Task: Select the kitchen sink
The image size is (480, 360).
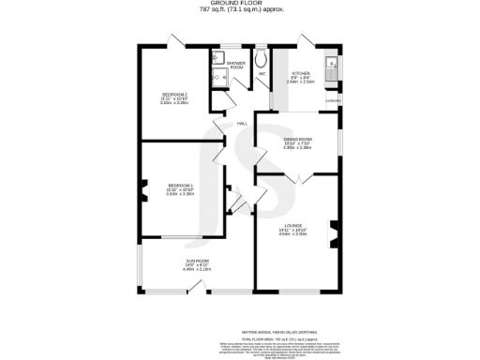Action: click(329, 66)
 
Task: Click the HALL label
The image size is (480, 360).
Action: click(241, 123)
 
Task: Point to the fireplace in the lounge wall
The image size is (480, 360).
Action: click(333, 232)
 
